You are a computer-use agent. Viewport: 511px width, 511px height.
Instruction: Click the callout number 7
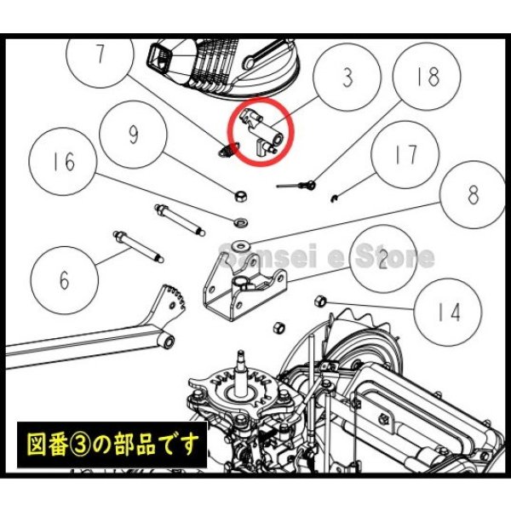100,55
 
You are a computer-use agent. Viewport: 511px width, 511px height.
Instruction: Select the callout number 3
347,78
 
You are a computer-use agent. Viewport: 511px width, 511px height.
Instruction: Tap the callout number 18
428,78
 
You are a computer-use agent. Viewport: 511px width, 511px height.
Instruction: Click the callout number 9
133,134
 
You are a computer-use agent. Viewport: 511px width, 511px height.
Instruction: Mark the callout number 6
65,278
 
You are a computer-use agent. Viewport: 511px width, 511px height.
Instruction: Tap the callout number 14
449,312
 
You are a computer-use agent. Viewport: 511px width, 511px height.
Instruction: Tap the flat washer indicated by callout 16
242,222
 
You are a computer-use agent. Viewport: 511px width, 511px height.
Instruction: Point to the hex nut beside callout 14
322,300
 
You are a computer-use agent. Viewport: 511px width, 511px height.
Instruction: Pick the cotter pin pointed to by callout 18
297,183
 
